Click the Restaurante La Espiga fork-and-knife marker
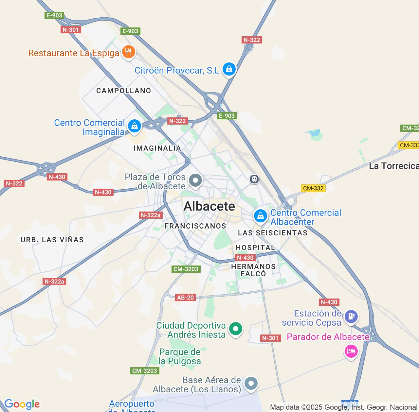click(x=129, y=52)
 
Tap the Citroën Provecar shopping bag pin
click(x=229, y=69)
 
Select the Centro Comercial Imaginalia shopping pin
click(x=134, y=126)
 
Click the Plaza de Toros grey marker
click(x=196, y=180)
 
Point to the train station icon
click(x=254, y=179)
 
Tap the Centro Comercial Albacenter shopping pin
click(x=261, y=216)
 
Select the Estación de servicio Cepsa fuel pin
click(x=351, y=317)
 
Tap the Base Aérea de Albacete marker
click(x=251, y=383)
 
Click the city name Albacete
click(x=209, y=206)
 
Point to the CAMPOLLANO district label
click(x=124, y=91)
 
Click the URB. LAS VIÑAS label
click(x=52, y=240)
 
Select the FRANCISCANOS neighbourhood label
click(x=195, y=226)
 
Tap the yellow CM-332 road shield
click(x=313, y=188)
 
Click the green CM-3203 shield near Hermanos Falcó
click(x=186, y=269)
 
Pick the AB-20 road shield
click(x=186, y=298)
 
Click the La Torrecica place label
click(x=394, y=166)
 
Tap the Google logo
click(x=22, y=404)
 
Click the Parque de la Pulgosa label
click(x=180, y=356)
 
